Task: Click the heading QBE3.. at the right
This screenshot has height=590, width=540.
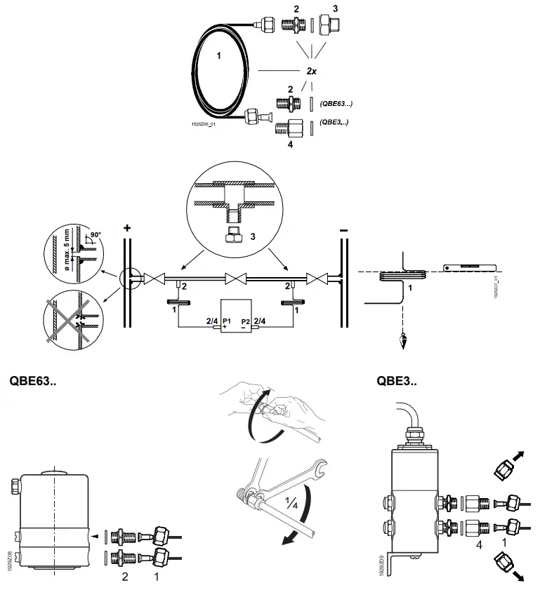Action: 397,382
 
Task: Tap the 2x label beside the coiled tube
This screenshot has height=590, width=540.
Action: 311,72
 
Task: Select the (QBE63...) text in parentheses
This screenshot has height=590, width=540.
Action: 336,104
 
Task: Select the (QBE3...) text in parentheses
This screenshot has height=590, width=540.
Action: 334,121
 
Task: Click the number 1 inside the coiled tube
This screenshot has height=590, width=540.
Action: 220,55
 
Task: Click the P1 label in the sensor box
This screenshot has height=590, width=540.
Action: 227,321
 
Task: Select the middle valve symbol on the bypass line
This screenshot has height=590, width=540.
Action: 232,279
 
